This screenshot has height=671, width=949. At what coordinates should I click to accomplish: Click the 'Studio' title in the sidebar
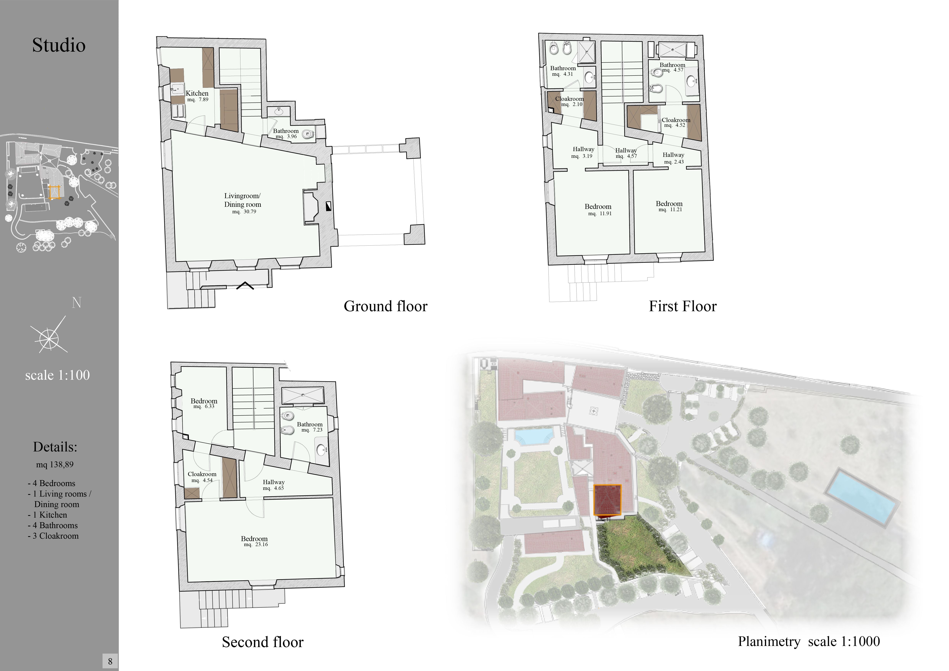tap(59, 45)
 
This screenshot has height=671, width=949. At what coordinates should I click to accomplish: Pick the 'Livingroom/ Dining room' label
tap(243, 200)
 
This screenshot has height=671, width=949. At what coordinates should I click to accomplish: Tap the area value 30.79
tap(244, 212)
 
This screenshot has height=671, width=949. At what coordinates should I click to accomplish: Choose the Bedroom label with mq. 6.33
tap(204, 401)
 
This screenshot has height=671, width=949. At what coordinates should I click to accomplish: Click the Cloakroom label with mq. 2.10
tap(569, 99)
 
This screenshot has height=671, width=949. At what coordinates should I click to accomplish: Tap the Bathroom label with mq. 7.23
tap(310, 424)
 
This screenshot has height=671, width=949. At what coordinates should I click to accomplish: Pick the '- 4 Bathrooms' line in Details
tap(53, 526)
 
